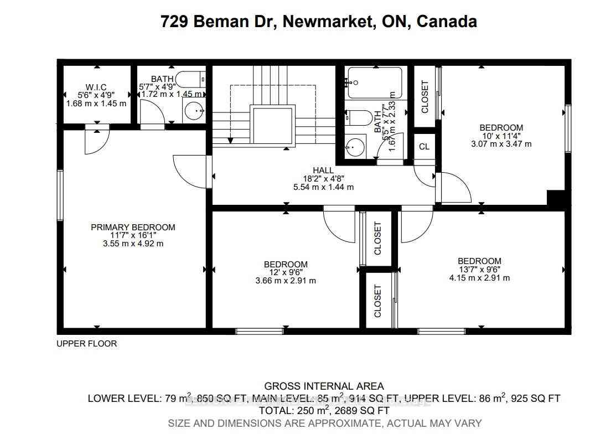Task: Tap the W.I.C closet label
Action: [x=96, y=87]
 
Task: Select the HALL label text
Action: [x=323, y=170]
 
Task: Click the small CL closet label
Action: [x=424, y=147]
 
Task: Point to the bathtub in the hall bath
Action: [x=375, y=83]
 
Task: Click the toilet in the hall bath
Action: [x=360, y=117]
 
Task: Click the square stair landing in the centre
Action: [x=272, y=126]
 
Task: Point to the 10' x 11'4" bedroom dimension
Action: [x=501, y=136]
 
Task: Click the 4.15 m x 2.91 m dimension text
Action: [x=479, y=278]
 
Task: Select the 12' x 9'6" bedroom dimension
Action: [x=286, y=272]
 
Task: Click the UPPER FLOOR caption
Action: [x=87, y=344]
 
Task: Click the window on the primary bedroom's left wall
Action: [x=60, y=195]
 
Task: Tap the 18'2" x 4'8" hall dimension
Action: [x=323, y=179]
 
